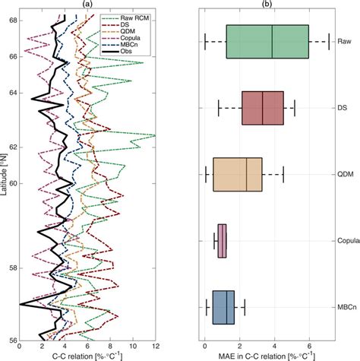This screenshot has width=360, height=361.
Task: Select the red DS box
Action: (262, 108)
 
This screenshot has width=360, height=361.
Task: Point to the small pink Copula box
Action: (223, 241)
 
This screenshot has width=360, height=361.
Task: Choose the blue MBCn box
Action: (223, 307)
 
